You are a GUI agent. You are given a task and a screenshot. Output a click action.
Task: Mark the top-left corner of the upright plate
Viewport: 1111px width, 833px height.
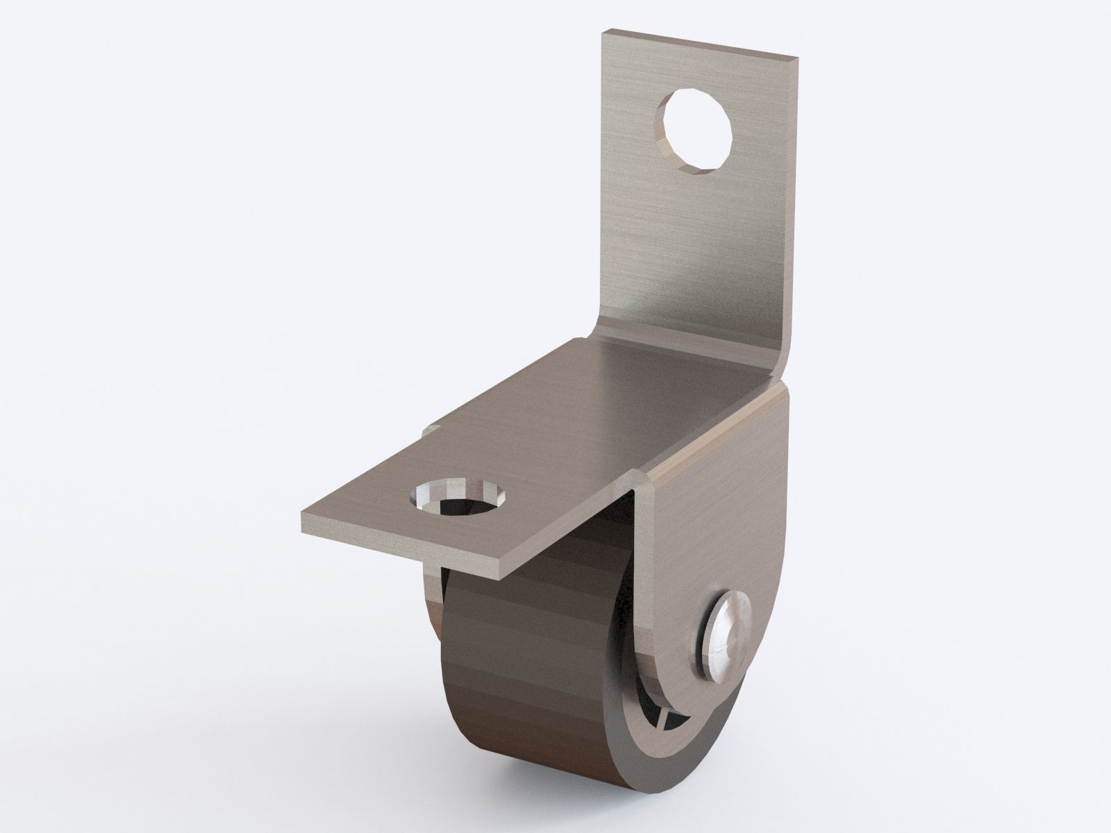[x=603, y=32]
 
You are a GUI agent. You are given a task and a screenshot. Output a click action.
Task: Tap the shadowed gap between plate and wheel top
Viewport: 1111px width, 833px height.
[x=576, y=548]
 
